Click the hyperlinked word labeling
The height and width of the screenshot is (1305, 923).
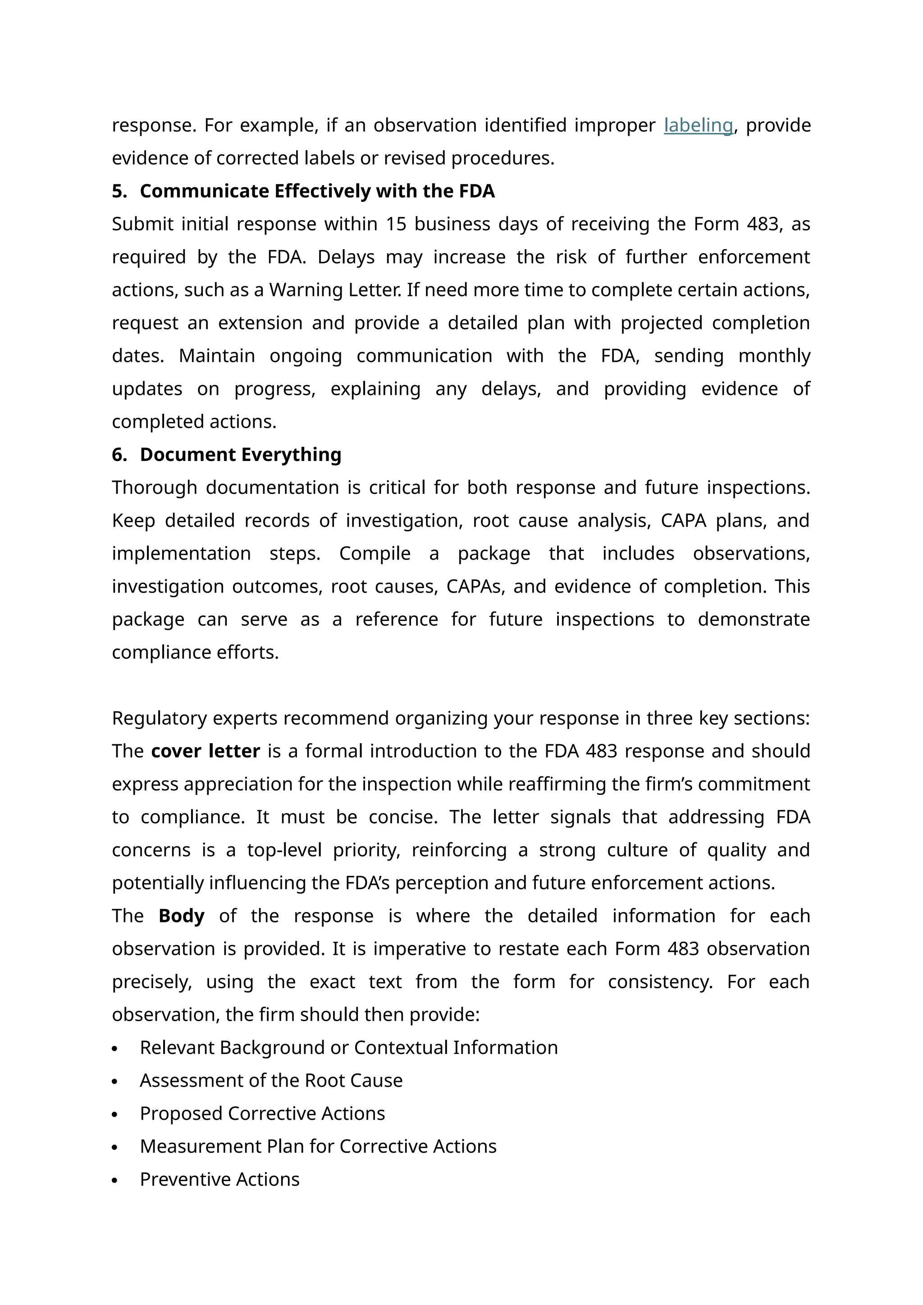tap(698, 125)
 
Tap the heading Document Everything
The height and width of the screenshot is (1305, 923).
tap(240, 455)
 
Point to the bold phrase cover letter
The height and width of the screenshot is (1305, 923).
tap(205, 751)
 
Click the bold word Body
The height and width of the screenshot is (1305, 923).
tap(181, 916)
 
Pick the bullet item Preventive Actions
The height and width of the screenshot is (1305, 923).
tap(219, 1179)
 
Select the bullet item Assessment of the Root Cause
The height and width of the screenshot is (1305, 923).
tap(271, 1081)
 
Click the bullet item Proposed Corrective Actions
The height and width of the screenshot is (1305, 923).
tap(262, 1113)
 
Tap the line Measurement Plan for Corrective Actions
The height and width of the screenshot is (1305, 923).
tap(318, 1146)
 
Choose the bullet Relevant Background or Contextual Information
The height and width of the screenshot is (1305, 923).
tap(348, 1048)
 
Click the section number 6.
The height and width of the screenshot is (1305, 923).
tap(119, 455)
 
